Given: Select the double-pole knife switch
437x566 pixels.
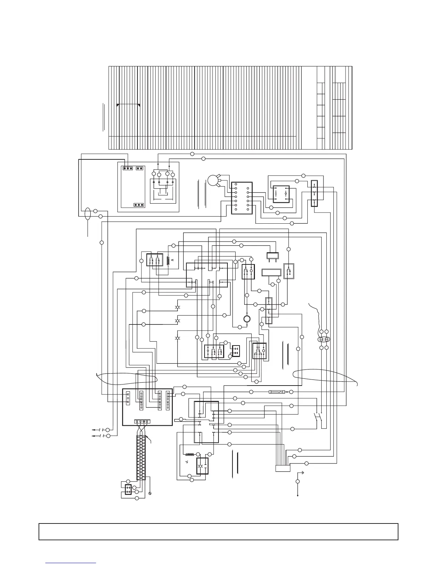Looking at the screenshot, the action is pos(318,417).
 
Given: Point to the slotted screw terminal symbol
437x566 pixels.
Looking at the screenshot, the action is pos(150,493).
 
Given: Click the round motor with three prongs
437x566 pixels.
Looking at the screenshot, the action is pos(214,180).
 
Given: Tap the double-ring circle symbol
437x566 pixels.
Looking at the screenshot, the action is pos(246,319).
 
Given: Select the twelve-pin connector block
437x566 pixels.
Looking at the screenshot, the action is pos(242,198).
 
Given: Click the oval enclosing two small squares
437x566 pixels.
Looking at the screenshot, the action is pos(324,339).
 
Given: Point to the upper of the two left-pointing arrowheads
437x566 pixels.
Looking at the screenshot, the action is pos(94,429).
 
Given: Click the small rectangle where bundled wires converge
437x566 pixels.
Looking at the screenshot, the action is pos(283,468).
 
